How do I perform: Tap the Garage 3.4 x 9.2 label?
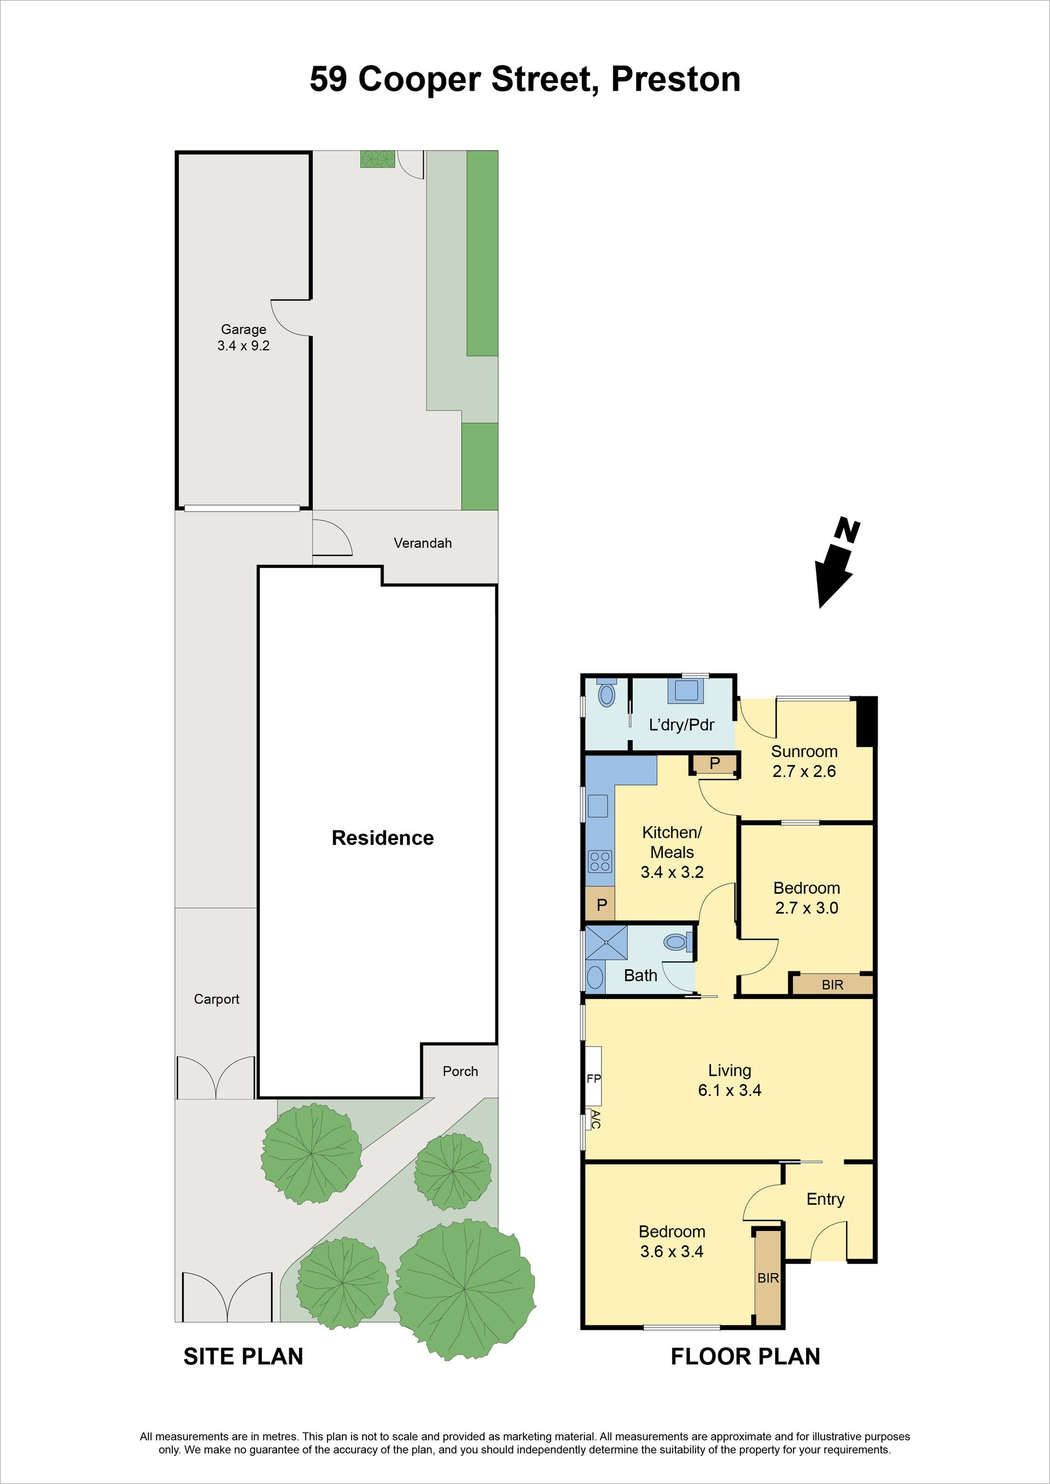(x=243, y=337)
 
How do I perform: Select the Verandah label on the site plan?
(x=423, y=543)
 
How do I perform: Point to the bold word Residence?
(x=383, y=838)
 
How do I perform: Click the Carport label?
(x=217, y=999)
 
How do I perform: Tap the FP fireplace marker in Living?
(x=593, y=1078)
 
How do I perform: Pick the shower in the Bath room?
(x=606, y=943)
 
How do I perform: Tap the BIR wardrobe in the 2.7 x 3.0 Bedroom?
(x=833, y=984)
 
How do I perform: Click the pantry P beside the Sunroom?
(x=714, y=764)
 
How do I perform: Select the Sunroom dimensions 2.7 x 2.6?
(x=804, y=771)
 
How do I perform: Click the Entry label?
(x=825, y=1199)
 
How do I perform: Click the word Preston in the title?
(x=675, y=79)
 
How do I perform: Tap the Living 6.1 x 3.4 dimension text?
(x=730, y=1090)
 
